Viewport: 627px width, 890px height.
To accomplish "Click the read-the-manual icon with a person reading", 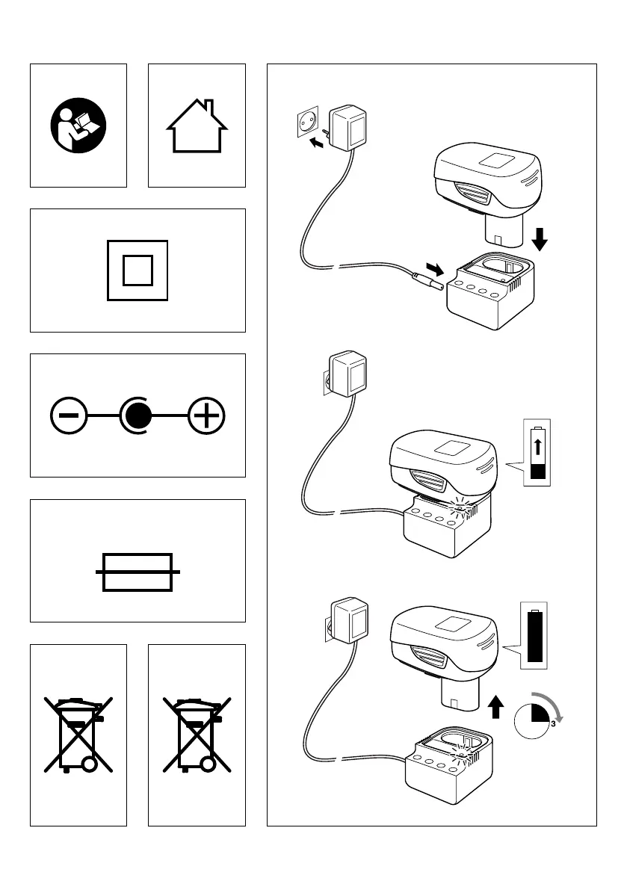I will [x=78, y=126].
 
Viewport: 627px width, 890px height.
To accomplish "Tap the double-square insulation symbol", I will [x=138, y=270].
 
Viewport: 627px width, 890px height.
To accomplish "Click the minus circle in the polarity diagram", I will [x=68, y=415].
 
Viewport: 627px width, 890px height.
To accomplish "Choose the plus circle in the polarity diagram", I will [x=207, y=415].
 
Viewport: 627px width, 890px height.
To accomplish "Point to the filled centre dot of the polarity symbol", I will [x=137, y=415].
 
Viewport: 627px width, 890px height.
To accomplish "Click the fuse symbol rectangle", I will [x=138, y=572].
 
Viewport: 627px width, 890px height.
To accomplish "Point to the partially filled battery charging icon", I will [x=537, y=454].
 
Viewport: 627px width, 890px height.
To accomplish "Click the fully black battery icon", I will [x=535, y=637].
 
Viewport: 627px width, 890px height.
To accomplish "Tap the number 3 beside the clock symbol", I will [x=552, y=723].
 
